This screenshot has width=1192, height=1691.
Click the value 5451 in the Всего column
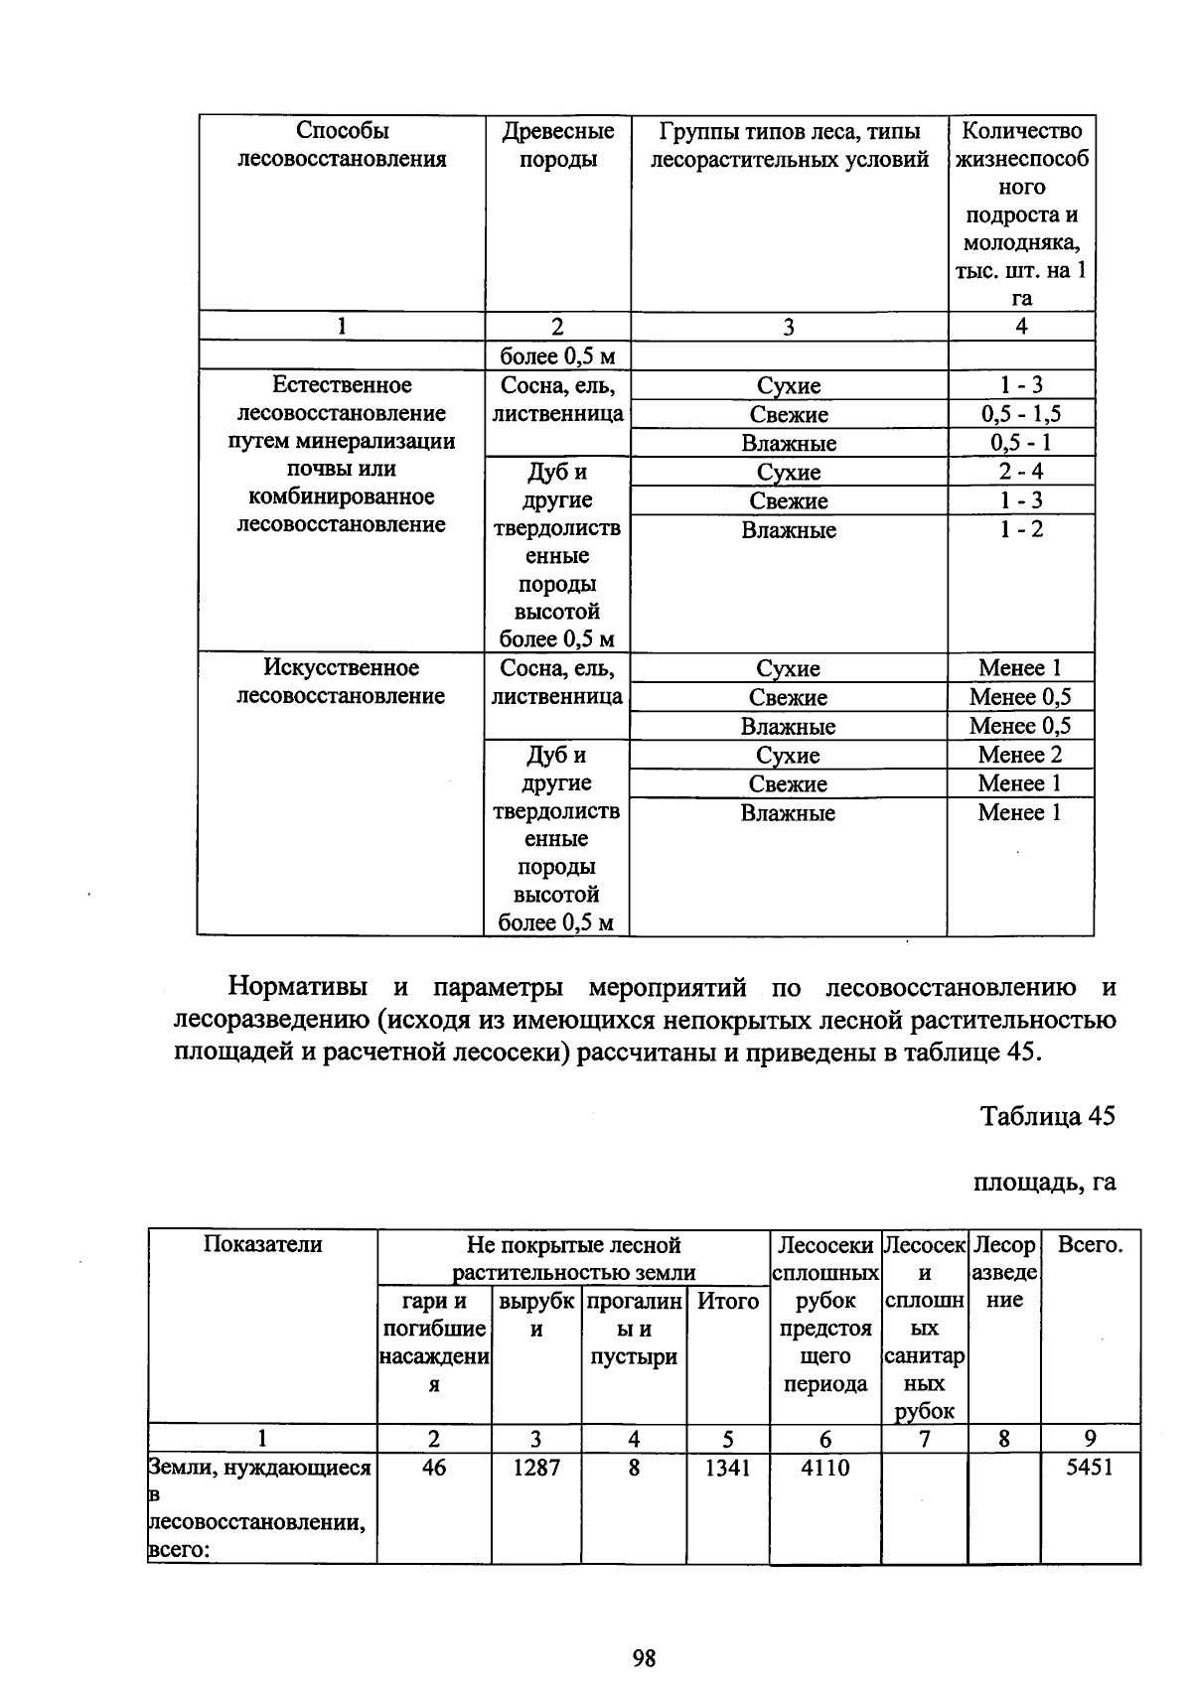coord(1090,1468)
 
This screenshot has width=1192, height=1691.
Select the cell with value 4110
coord(824,1468)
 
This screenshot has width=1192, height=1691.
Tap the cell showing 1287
coord(535,1468)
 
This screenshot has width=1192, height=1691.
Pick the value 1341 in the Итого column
coord(727,1468)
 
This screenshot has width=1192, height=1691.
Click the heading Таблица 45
coord(1048,1116)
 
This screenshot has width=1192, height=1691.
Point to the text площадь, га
coord(1044,1182)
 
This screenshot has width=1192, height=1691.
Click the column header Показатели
coord(262,1245)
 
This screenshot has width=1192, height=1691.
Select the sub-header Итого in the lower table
coord(727,1301)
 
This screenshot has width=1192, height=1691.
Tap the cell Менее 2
coord(1020,755)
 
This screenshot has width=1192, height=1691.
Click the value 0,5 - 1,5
coord(1020,414)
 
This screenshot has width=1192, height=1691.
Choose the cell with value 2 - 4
coord(1020,472)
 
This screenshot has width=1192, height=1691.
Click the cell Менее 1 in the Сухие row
coord(1020,668)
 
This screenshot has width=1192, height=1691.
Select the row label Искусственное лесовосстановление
coord(341,682)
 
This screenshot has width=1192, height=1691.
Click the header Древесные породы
coord(557,145)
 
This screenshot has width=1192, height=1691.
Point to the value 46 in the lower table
coord(434,1468)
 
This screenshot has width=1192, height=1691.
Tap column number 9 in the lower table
coord(1090,1439)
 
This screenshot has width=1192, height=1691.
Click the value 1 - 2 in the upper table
coord(1020,529)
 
